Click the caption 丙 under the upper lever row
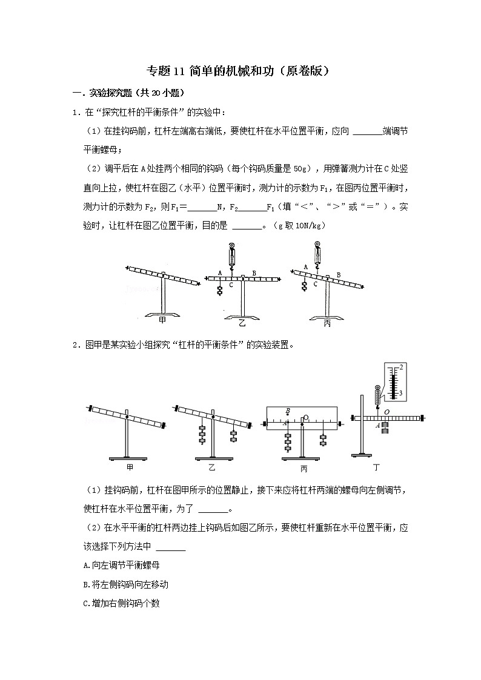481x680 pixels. point(327,323)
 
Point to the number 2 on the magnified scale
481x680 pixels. point(401,367)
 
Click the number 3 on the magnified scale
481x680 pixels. point(401,394)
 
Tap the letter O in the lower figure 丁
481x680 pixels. point(386,411)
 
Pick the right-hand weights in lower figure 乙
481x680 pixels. point(233,435)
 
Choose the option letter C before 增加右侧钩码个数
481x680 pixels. point(87,604)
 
